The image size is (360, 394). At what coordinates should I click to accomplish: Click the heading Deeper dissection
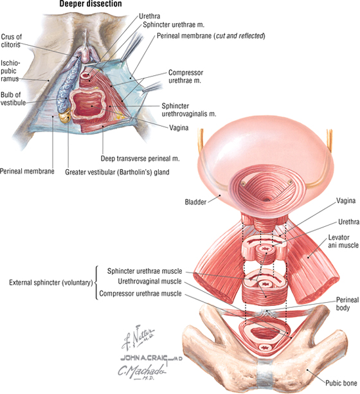pos(91,4)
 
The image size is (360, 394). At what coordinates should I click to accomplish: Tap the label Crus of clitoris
pos(11,40)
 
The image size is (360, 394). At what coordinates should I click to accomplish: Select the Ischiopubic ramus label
pos(10,71)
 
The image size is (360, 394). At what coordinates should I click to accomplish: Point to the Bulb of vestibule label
pos(13,98)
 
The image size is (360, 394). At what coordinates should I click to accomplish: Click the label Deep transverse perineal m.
pos(140,159)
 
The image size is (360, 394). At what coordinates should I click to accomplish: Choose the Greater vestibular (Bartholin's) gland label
pos(117,172)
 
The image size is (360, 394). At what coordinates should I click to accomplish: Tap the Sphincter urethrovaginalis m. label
pos(189,109)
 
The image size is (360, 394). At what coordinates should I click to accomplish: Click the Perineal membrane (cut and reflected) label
pos(211,36)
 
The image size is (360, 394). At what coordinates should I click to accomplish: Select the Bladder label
pos(195,202)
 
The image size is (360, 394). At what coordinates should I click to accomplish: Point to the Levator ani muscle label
pos(343,241)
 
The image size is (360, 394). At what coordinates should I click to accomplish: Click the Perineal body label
pos(347,303)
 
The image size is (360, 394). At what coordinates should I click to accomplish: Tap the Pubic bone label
pos(341,383)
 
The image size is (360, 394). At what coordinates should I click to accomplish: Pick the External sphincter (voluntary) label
pos(51,283)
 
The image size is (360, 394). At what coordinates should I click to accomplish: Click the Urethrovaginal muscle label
pos(150,281)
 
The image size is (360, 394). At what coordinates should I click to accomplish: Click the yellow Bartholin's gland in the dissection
pos(64,117)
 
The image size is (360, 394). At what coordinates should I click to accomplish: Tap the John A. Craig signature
pos(151,358)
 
